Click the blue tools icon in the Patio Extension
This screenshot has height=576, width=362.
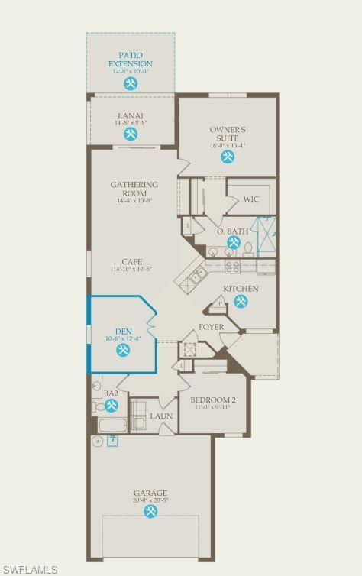[131, 83]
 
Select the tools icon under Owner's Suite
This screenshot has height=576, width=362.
[228, 157]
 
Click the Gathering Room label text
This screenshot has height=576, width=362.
[134, 189]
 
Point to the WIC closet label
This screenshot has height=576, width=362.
[252, 199]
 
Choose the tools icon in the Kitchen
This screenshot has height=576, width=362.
[241, 302]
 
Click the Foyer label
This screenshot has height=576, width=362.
[211, 327]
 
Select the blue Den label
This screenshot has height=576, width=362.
[123, 332]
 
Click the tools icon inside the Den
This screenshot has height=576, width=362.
[123, 350]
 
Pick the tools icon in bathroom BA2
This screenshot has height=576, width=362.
[112, 405]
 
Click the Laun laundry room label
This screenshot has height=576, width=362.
[160, 416]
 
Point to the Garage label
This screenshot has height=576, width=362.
[150, 493]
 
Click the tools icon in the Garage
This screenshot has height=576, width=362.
[150, 512]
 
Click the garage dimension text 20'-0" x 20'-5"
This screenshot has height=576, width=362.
[150, 501]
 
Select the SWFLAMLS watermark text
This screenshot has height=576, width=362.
[30, 568]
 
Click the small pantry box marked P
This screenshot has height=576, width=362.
[221, 303]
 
